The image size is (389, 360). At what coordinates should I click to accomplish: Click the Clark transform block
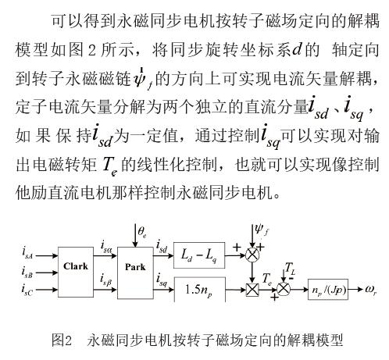point(76,272)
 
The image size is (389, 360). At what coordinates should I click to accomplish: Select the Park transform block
point(135,273)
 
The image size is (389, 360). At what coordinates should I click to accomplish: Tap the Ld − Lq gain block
point(199,255)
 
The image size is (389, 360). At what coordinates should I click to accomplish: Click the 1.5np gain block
point(199,290)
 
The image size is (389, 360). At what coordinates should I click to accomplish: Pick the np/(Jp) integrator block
point(328,290)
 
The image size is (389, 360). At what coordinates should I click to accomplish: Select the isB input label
point(27,273)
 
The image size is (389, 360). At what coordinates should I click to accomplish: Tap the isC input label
point(27,290)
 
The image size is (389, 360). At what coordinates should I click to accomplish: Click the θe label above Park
point(142,231)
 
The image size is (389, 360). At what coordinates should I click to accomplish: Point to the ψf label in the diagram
point(262,230)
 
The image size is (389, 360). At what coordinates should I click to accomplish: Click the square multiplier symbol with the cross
point(252,290)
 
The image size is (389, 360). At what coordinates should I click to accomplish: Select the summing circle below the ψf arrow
point(252,255)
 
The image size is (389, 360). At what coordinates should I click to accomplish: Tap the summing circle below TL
point(284,289)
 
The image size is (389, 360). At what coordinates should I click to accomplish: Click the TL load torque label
point(290,269)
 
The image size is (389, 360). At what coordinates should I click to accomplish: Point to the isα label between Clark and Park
point(106,247)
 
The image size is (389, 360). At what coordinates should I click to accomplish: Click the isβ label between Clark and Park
point(106,280)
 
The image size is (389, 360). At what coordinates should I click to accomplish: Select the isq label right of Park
point(162,280)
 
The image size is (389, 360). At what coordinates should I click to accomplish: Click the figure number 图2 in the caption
point(62,340)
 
